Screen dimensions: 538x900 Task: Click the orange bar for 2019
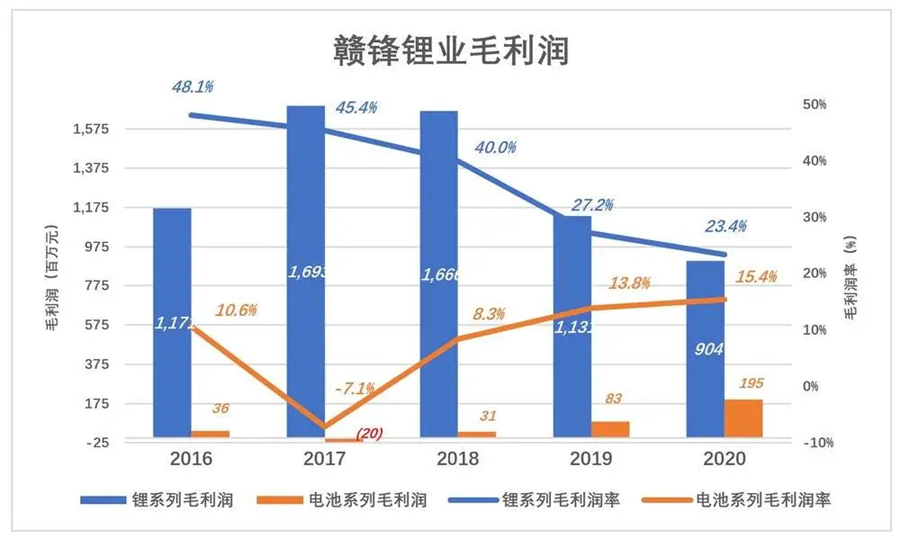tap(610, 429)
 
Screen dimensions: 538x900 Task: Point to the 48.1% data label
tap(193, 87)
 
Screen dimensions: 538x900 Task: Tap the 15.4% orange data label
tap(756, 277)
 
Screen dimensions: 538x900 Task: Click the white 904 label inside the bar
tap(705, 350)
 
